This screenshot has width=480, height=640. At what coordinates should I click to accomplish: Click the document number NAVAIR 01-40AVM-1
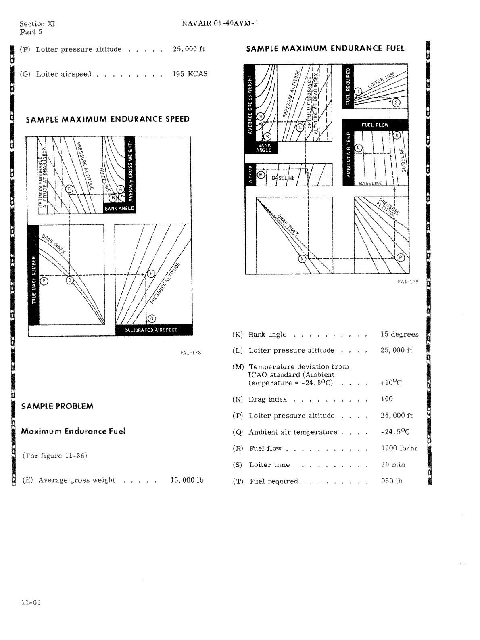point(220,23)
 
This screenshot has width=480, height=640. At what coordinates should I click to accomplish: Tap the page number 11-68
point(31,602)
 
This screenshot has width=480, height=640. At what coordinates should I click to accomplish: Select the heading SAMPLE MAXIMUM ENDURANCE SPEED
point(107,119)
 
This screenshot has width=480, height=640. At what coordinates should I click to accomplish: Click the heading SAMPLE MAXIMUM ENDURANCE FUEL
point(325,48)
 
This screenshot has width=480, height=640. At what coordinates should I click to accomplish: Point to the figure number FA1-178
point(190,353)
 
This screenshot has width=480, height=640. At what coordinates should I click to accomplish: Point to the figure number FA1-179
point(407,282)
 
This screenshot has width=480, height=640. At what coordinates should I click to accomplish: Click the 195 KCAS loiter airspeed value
point(190,74)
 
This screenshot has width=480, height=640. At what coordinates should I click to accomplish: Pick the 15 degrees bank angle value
point(399,334)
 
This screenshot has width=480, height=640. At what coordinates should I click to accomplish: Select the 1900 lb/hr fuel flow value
point(399,448)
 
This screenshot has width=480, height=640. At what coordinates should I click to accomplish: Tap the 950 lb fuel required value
point(391,481)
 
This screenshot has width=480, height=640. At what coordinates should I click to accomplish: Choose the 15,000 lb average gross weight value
point(187,480)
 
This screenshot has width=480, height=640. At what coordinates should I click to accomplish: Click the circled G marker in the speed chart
point(151,319)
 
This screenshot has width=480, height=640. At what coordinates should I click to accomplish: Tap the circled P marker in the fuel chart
point(401,258)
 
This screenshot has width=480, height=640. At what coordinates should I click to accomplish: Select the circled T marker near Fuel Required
point(357,92)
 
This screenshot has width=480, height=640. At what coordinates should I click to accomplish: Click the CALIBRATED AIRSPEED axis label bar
point(151,330)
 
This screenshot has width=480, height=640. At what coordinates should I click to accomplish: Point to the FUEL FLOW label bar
point(375,125)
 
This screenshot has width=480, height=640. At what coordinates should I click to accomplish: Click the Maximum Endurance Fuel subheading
point(73,431)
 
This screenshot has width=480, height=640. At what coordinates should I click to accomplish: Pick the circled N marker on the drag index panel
point(302,259)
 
